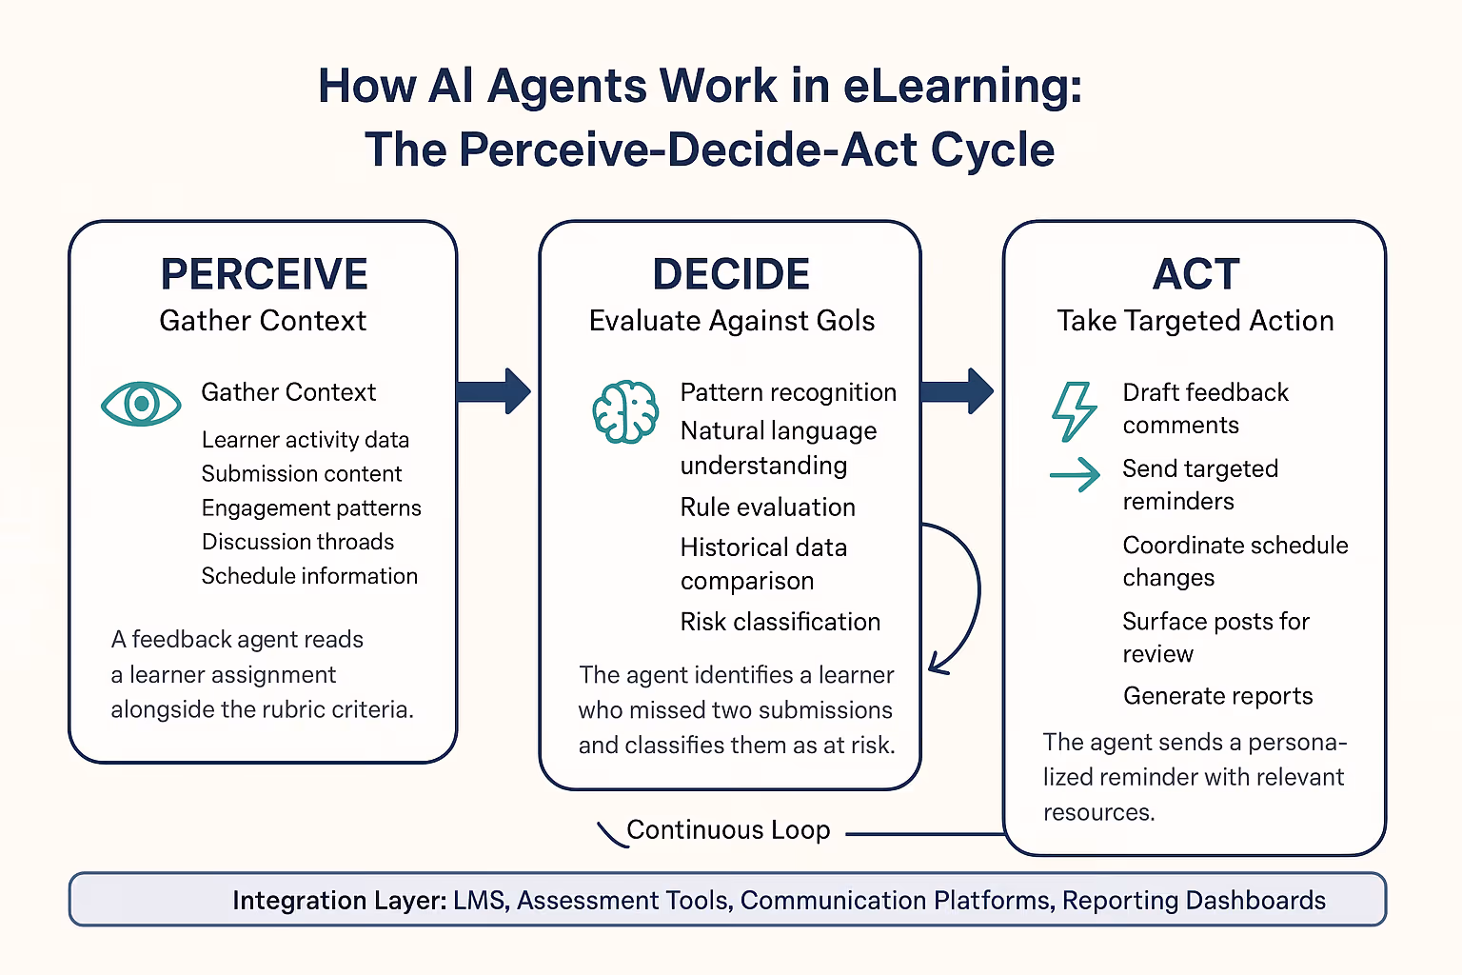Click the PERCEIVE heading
264,274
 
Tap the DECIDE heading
730,274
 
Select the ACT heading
1195,274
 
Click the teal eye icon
141,404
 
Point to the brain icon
624,411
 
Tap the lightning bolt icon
1074,411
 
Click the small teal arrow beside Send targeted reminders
1075,473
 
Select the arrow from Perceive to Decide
493,391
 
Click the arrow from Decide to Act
958,391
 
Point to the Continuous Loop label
728,830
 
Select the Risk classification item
780,622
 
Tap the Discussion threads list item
297,542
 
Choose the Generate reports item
1217,696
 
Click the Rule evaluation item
767,507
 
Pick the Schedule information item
309,576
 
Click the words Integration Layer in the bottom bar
339,901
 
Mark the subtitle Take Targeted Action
1195,321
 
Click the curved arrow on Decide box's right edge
969,590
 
